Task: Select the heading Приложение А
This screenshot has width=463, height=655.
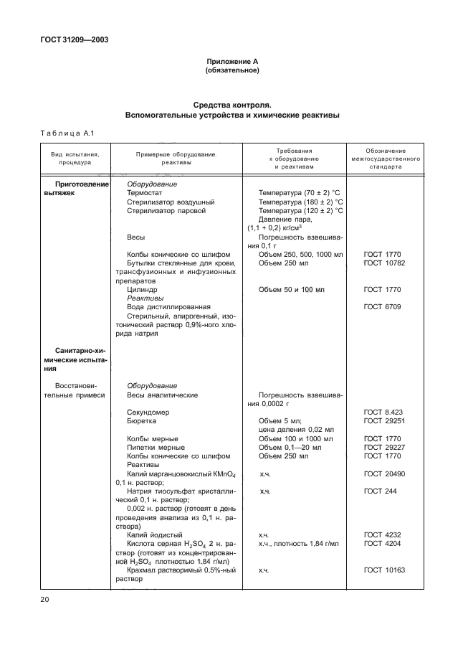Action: pyautogui.click(x=231, y=62)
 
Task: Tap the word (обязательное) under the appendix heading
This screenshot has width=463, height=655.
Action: pyautogui.click(x=231, y=71)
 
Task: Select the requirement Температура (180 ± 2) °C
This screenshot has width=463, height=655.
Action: pyautogui.click(x=300, y=202)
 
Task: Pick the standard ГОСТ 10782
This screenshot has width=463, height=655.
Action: pyautogui.click(x=384, y=263)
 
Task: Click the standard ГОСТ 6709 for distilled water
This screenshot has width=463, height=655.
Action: pyautogui.click(x=382, y=307)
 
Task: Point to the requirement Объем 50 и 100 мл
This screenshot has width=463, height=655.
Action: pyautogui.click(x=292, y=290)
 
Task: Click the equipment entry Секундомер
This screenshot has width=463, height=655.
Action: pyautogui.click(x=148, y=413)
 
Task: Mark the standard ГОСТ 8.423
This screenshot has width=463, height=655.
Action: pyautogui.click(x=382, y=413)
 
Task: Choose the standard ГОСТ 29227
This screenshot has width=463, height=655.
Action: pyautogui.click(x=384, y=447)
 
